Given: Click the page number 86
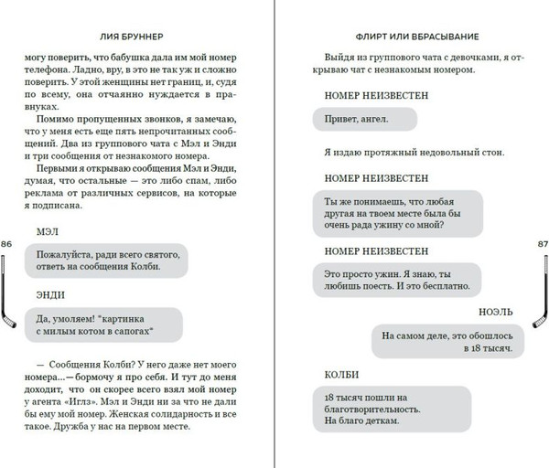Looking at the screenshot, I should pyautogui.click(x=6, y=244).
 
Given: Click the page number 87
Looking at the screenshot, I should pyautogui.click(x=541, y=244).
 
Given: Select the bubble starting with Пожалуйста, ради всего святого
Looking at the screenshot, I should pyautogui.click(x=107, y=260).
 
